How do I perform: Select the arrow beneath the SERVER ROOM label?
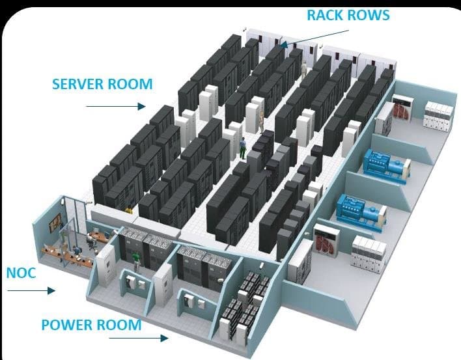[x=114, y=105]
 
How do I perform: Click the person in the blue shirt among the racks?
[x=243, y=148]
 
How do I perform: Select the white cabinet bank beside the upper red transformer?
[x=437, y=117]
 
